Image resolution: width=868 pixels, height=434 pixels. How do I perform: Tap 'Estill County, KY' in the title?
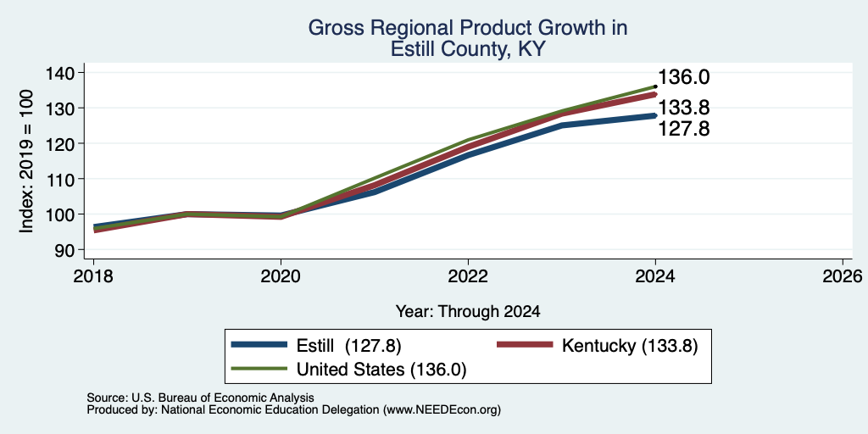[x=468, y=49]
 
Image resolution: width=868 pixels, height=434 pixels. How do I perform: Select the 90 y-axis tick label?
[x=64, y=250]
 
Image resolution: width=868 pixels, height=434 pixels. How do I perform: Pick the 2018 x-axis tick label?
[x=93, y=275]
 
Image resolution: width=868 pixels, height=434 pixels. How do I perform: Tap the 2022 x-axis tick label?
[x=468, y=275]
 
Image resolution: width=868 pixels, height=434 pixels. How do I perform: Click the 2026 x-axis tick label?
[x=843, y=275]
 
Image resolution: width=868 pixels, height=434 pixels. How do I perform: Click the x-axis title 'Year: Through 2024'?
[x=468, y=312]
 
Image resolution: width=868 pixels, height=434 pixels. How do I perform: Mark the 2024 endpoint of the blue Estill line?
[x=655, y=115]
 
